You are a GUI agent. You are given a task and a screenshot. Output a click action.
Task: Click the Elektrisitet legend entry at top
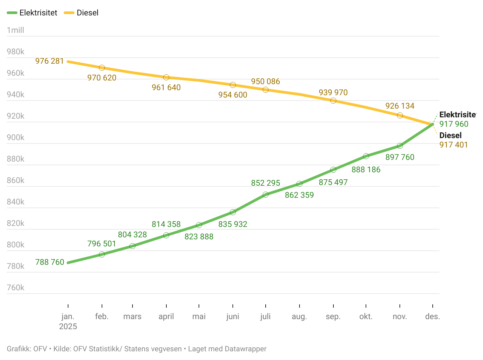(32, 13)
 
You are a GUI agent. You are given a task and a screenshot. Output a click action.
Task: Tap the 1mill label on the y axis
(15, 30)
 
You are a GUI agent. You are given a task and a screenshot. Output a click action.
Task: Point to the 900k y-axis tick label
(15, 137)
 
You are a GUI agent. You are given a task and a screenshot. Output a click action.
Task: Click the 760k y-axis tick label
(15, 288)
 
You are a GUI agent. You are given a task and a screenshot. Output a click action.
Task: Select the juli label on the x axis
(265, 316)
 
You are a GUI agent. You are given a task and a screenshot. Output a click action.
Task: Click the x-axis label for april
(166, 316)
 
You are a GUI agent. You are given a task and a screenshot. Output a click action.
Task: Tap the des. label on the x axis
(432, 316)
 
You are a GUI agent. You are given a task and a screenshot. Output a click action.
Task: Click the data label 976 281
(50, 61)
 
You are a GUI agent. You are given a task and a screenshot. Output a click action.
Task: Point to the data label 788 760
(50, 262)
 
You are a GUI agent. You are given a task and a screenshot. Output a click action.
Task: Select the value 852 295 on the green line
(265, 183)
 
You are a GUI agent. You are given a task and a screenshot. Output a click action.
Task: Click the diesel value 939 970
(333, 93)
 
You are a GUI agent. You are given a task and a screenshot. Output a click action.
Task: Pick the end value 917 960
(454, 124)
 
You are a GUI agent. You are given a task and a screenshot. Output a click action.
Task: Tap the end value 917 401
(453, 145)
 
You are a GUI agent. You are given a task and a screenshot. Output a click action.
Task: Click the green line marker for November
(400, 146)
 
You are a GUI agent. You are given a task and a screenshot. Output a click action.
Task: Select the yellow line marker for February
(102, 68)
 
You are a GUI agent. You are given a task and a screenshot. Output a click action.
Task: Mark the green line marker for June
(233, 212)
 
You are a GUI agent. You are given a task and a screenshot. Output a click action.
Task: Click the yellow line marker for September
(333, 101)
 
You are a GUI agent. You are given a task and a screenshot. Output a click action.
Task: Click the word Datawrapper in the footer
(246, 349)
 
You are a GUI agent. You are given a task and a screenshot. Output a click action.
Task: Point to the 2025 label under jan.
(68, 326)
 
